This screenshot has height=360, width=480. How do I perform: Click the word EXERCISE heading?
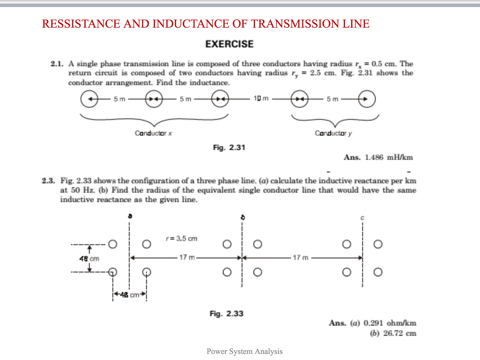coord(229,45)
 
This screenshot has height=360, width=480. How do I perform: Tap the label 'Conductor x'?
coord(153,133)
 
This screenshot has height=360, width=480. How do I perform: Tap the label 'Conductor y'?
coord(333,133)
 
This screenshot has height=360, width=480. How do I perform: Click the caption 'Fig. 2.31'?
coord(229,148)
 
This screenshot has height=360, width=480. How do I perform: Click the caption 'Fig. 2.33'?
coord(226,314)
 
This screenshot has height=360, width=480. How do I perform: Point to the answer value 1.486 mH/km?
coord(389,157)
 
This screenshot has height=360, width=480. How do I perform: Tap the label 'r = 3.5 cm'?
coord(181,239)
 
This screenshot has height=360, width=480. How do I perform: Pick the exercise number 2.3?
coord(48,180)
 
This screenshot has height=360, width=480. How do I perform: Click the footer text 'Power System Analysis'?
coord(245,351)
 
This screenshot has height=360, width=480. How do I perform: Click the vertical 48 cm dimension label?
coord(89,258)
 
